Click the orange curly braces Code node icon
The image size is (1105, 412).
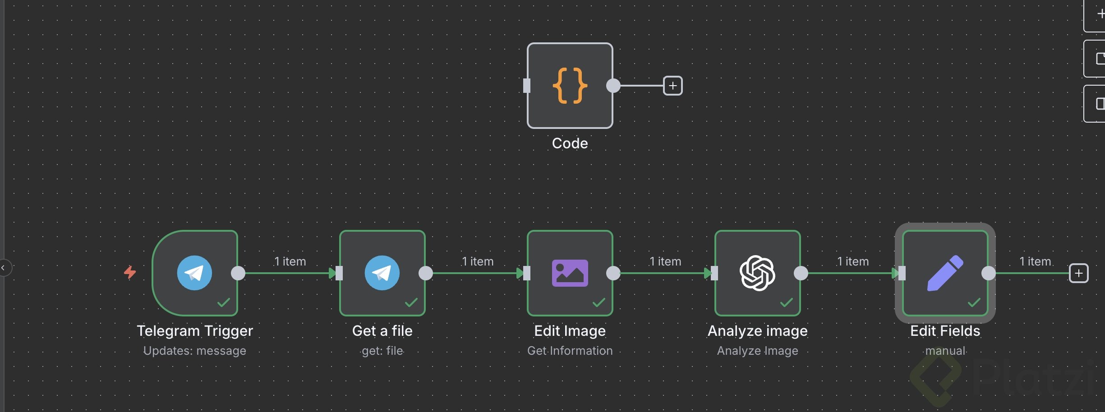(x=570, y=86)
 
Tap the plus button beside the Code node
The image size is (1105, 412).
(x=672, y=86)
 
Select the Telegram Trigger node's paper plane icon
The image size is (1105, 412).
(x=194, y=273)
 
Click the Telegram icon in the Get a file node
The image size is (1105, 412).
(x=382, y=273)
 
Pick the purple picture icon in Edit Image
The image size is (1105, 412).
(x=570, y=273)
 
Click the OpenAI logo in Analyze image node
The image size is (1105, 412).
(x=757, y=273)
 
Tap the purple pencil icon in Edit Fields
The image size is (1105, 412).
(x=945, y=273)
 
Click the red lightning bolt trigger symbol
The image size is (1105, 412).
(x=130, y=272)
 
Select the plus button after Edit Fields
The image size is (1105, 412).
(x=1078, y=273)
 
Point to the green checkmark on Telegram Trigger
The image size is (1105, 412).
(x=224, y=302)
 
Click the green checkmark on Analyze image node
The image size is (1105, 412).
(x=787, y=302)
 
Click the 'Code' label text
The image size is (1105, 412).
(x=570, y=143)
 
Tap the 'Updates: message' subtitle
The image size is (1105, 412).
(x=194, y=351)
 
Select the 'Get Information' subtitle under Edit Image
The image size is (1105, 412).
(x=570, y=351)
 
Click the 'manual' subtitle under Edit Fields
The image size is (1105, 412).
(x=945, y=351)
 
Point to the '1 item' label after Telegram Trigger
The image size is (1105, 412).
(x=290, y=261)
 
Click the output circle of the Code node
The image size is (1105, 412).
(x=613, y=86)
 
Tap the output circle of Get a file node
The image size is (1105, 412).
(x=426, y=273)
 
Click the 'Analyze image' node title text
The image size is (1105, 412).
(x=757, y=331)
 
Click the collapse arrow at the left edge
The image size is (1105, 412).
(x=3, y=268)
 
